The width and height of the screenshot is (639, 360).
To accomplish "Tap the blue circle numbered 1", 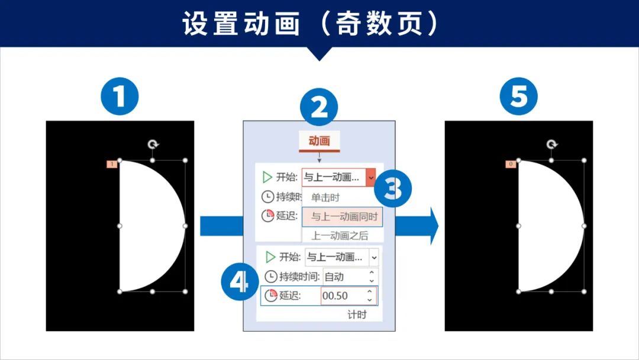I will coord(120,97).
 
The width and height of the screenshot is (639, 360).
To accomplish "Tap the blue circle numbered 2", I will coord(319,108).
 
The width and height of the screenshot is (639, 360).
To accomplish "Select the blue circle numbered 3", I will coord(392,189).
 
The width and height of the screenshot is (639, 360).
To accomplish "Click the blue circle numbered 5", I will coord(518,97).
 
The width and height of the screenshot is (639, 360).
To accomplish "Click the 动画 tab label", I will coord(319,141).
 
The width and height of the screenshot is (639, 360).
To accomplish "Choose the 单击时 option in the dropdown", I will coord(326,197).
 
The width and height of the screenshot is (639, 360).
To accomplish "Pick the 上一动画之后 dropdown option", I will coord(340,235).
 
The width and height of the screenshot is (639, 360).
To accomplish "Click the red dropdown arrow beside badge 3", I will coord(370,176).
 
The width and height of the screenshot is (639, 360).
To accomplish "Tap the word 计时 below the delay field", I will coord(357,314).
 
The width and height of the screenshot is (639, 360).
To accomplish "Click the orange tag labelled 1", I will coord(111,164).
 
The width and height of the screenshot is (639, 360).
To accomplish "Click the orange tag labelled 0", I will coord(511,164).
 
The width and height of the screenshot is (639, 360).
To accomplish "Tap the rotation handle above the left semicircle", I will coord(153,144).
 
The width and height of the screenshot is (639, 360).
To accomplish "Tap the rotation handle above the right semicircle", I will coord(551,144).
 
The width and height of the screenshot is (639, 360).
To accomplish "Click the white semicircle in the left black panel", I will coord(148,226).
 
